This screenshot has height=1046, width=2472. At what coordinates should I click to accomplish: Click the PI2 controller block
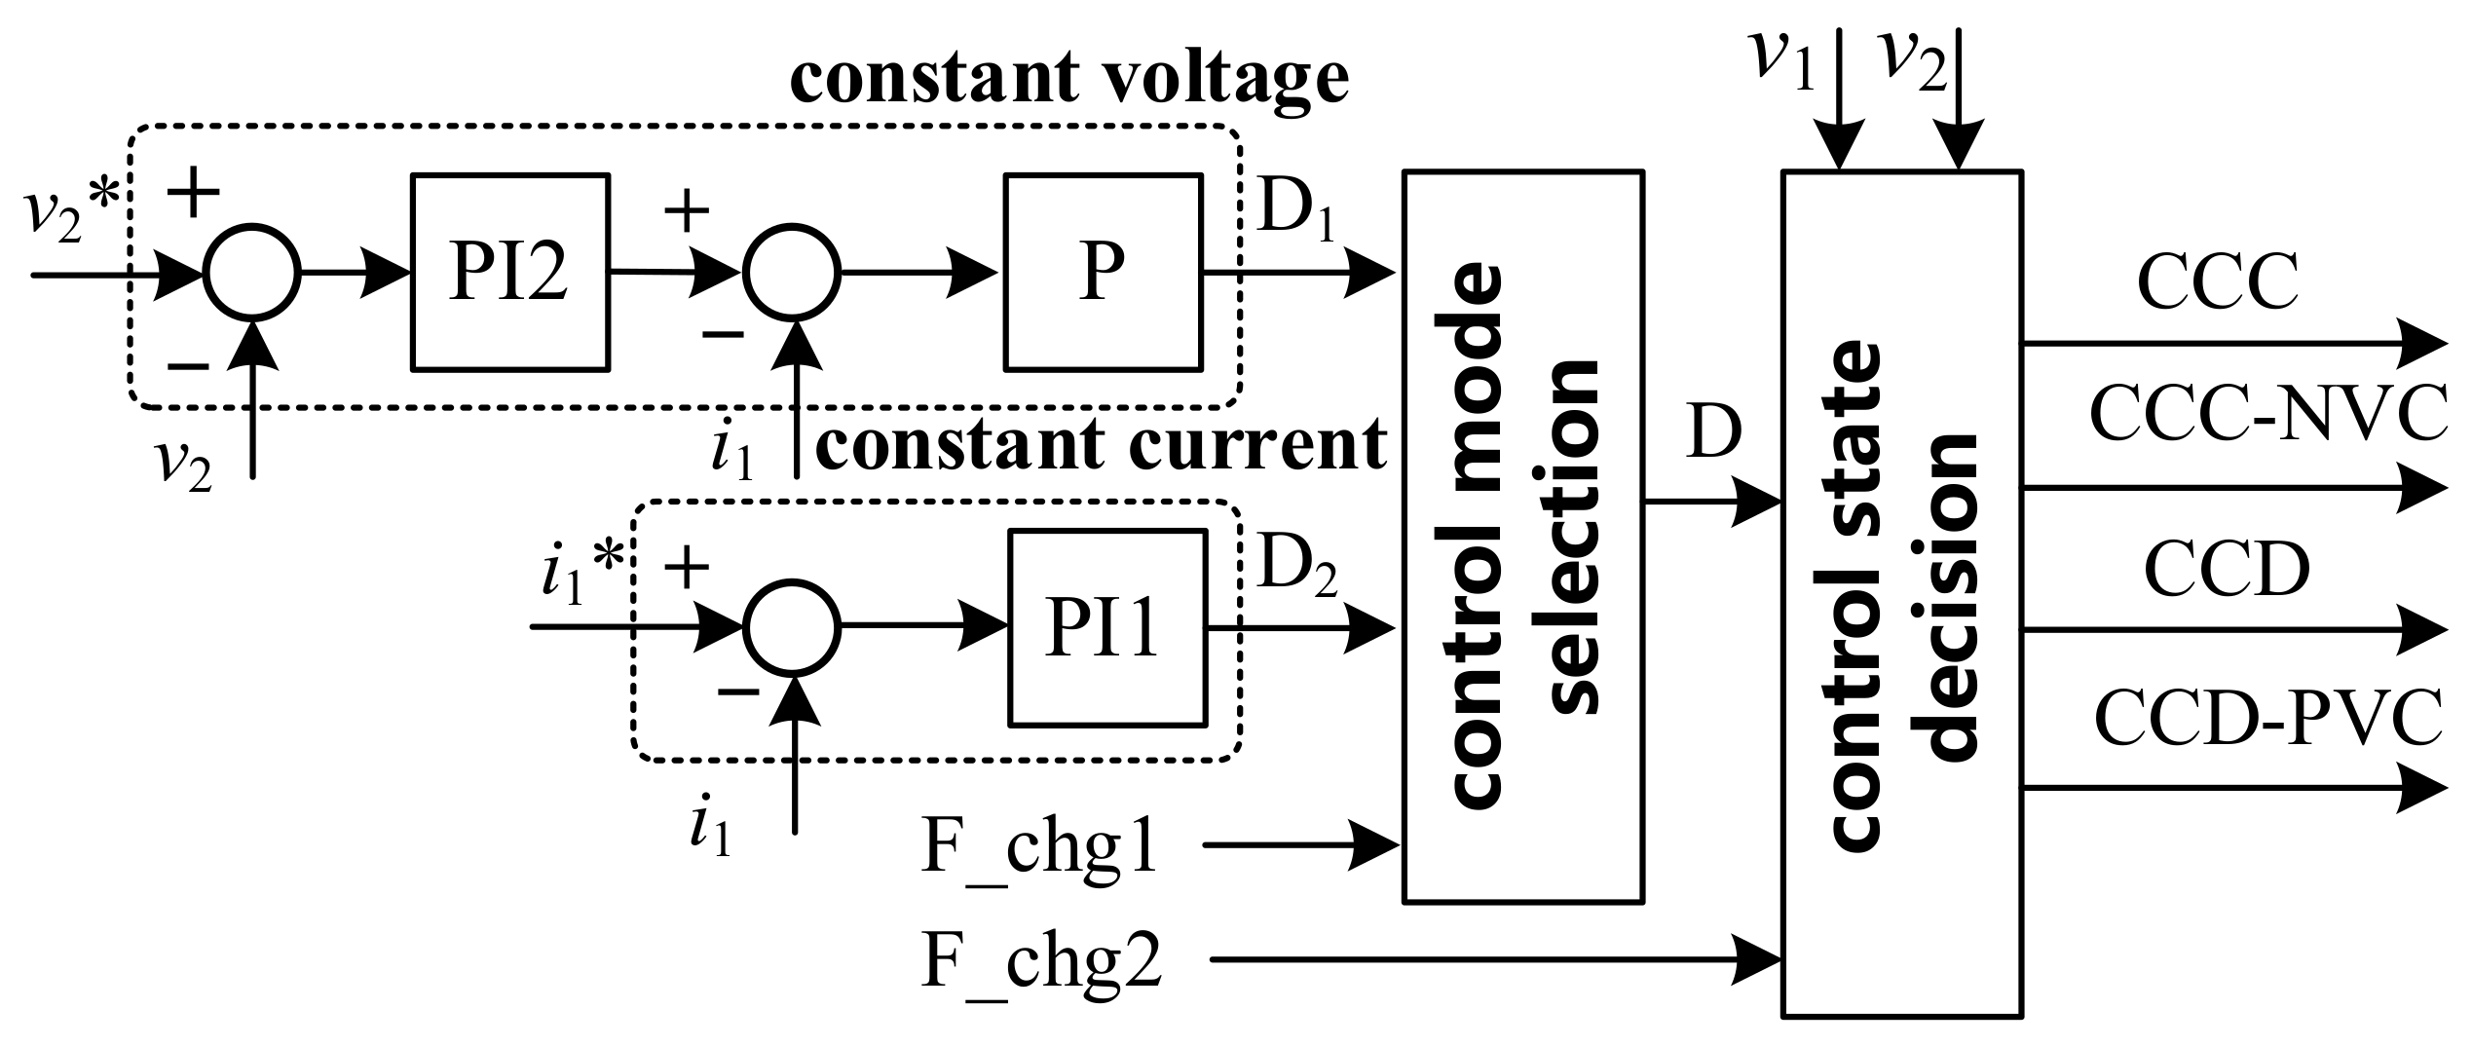tap(510, 272)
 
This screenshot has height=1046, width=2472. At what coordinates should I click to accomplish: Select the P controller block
tap(1103, 272)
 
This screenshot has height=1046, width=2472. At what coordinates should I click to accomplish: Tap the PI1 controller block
tap(1106, 627)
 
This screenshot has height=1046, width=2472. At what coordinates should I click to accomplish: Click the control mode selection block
tap(1522, 537)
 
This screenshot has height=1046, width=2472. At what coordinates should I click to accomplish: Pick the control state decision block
tap(1901, 594)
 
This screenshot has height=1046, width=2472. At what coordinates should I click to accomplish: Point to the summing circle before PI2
tap(251, 274)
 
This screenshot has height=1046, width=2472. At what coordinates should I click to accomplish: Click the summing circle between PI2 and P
tap(791, 274)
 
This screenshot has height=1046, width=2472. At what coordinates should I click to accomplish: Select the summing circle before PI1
tap(791, 628)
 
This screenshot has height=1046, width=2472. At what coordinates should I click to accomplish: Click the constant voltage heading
tap(1068, 78)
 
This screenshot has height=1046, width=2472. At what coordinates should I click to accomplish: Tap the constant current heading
tap(1101, 445)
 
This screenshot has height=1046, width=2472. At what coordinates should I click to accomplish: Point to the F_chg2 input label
tap(1041, 960)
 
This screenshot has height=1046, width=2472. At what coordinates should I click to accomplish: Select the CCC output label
tap(2217, 281)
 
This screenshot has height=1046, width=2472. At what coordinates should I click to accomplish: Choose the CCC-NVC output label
tap(2267, 413)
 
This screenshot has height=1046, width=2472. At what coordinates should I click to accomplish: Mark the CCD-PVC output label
tap(2267, 719)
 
